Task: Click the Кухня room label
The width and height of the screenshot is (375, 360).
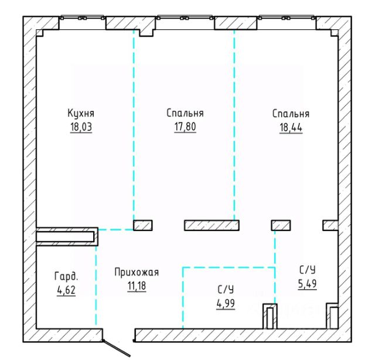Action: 81,113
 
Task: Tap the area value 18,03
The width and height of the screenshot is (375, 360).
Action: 81,127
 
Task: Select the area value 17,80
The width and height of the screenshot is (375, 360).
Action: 185,127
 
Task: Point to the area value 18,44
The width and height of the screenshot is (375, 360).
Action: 291,127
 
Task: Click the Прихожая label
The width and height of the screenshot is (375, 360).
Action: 137,272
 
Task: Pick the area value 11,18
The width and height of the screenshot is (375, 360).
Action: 137,286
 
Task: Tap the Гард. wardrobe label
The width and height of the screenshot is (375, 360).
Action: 66,277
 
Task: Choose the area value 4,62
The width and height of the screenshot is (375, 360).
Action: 66,290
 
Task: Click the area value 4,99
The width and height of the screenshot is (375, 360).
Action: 226,304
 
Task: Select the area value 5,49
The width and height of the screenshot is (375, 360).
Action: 307,284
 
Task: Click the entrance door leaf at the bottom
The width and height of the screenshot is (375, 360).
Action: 117,348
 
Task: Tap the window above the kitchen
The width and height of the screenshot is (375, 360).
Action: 83,18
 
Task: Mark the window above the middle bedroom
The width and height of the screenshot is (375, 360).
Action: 185,18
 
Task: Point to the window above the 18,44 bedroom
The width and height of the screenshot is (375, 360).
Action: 287,18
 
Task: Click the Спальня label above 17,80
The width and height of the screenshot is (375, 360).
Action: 185,113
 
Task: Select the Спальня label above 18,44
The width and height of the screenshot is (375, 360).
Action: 291,114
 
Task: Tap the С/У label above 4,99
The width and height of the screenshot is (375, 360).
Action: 226,290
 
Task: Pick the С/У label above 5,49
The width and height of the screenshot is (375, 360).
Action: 307,270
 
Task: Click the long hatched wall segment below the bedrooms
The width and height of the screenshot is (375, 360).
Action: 212,226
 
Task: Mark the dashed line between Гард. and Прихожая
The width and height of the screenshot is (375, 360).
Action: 96,286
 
